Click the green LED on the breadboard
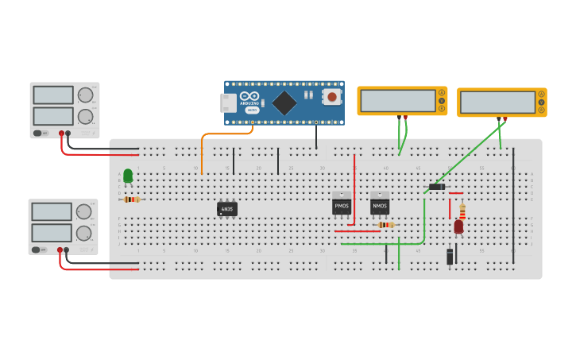tap(128, 176)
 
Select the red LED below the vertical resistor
tap(458, 226)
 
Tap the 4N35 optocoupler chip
tap(227, 209)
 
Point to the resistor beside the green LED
tap(132, 199)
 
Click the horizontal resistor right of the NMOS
tap(386, 225)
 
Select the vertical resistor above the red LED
tap(462, 211)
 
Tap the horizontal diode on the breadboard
tap(436, 187)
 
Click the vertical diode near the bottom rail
tap(450, 256)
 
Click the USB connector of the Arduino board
tap(228, 103)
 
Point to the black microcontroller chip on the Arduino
tap(284, 103)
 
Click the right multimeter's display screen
tap(497, 103)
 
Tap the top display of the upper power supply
tap(53, 95)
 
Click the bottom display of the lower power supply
tap(52, 233)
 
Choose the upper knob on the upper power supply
tap(84, 95)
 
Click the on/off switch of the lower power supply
tap(37, 250)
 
